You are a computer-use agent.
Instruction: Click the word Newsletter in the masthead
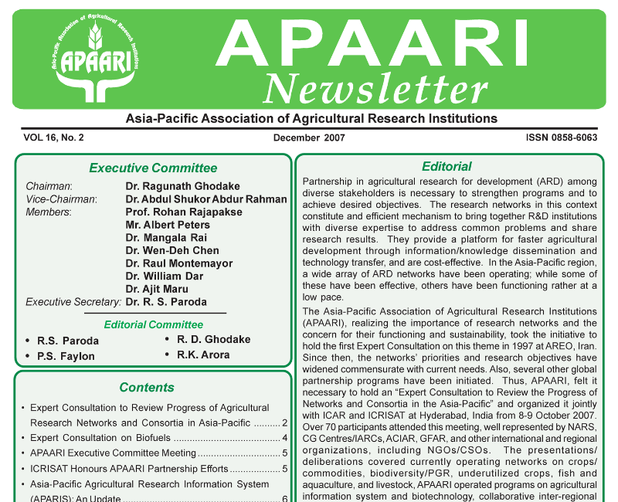pyautogui.click(x=375, y=87)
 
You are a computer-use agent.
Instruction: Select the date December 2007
pyautogui.click(x=309, y=138)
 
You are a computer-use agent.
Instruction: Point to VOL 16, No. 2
pyautogui.click(x=53, y=138)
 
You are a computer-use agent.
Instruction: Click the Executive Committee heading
pyautogui.click(x=153, y=168)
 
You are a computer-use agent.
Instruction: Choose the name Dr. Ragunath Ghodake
pyautogui.click(x=182, y=186)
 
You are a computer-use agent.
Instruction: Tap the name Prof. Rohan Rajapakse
pyautogui.click(x=184, y=212)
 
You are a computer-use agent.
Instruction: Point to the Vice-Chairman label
pyautogui.click(x=61, y=199)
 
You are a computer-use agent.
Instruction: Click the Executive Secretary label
pyautogui.click(x=73, y=302)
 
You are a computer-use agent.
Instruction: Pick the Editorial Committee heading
pyautogui.click(x=154, y=324)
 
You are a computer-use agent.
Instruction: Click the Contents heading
pyautogui.click(x=147, y=387)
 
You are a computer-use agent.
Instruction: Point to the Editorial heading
pyautogui.click(x=447, y=166)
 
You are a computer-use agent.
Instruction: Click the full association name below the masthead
pyautogui.click(x=311, y=118)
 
